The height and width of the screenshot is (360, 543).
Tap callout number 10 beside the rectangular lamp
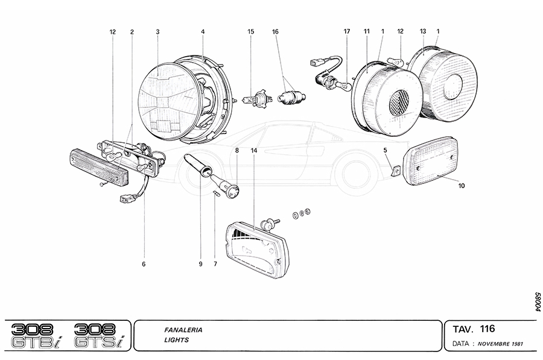coord(461,186)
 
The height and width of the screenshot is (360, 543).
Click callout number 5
coord(385,150)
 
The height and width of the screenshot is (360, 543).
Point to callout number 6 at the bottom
coord(144,264)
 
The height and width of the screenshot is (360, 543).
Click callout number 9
coord(200,264)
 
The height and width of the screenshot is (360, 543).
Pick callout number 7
coord(215,264)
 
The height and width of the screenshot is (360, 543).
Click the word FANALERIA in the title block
coord(183,330)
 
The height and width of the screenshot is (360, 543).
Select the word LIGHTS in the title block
coord(176,340)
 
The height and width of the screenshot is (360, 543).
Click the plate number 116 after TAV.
coord(487,329)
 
